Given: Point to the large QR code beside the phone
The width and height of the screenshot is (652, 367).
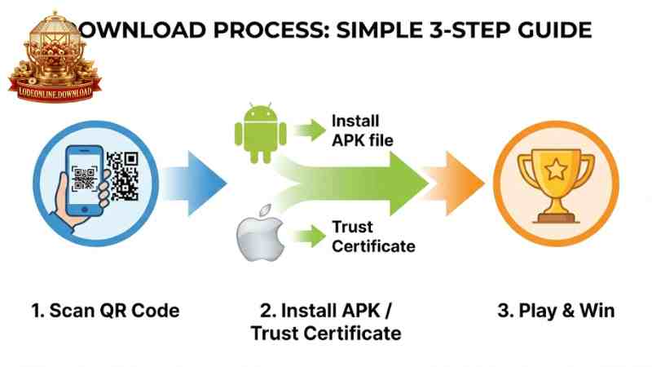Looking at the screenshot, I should click(x=123, y=175).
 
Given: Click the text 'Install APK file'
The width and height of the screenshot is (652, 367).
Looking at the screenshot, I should click(x=362, y=130).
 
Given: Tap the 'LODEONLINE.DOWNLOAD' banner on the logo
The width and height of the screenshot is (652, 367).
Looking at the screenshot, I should click(x=55, y=92).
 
